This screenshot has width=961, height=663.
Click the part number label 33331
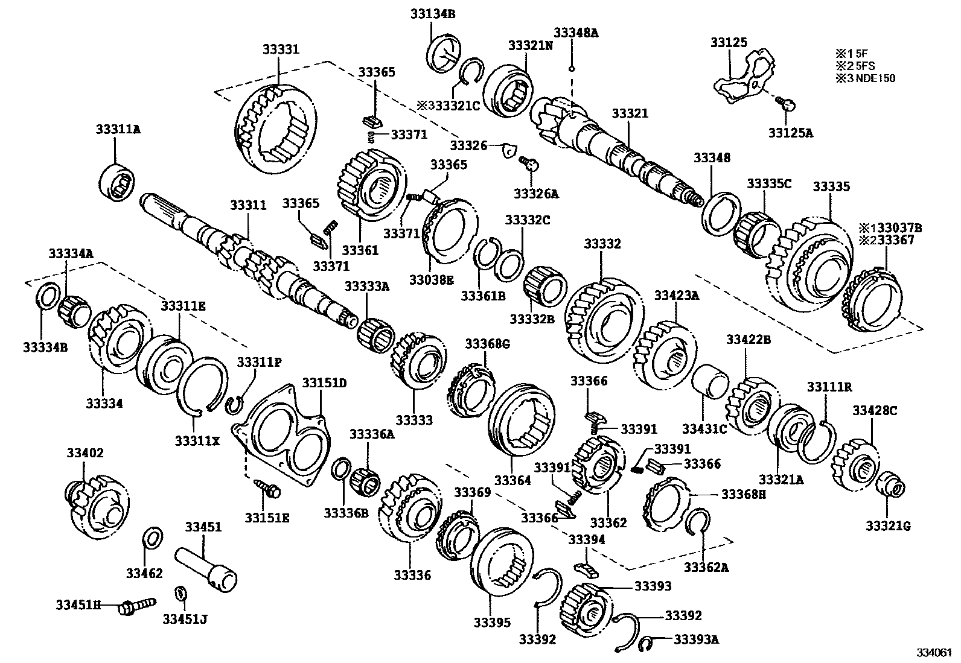[280, 49]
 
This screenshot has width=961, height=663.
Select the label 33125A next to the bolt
[790, 132]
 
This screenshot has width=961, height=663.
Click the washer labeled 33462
[153, 537]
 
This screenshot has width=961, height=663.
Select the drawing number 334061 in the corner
[934, 653]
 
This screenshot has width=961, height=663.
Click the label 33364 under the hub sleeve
[512, 480]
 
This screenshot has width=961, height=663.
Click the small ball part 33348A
[570, 68]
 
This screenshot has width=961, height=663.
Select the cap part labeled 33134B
[445, 54]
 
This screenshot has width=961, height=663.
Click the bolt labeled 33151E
[267, 490]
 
